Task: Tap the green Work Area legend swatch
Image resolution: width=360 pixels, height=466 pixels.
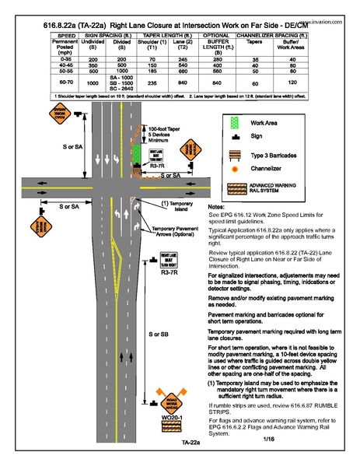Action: point(232,123)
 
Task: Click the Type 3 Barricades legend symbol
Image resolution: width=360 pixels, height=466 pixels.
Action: point(232,155)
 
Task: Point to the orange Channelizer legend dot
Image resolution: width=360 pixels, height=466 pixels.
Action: point(232,169)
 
